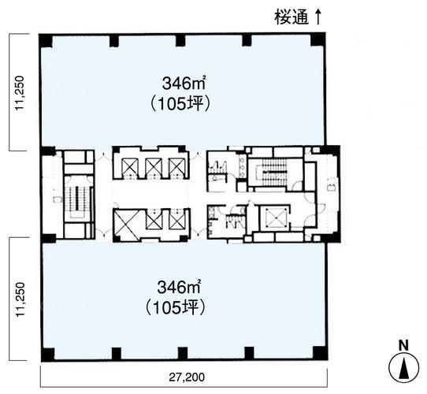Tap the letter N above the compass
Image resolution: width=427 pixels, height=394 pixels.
point(403,346)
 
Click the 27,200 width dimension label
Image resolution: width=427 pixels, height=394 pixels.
point(187,377)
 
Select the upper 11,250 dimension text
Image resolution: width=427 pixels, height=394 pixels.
point(20,93)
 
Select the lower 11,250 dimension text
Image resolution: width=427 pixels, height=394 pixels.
point(20,299)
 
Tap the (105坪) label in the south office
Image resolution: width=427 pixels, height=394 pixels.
point(175,308)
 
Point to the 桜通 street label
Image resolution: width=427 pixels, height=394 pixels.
point(291,17)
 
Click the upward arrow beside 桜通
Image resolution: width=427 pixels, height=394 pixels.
point(317,17)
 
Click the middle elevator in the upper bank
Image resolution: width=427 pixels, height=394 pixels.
point(154,167)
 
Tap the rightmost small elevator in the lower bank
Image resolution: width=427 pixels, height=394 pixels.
point(177,220)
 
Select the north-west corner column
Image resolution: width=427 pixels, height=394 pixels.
point(45,40)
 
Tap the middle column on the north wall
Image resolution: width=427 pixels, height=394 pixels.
point(180,40)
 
